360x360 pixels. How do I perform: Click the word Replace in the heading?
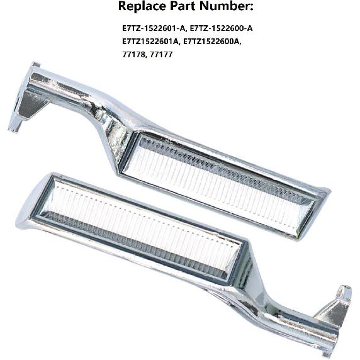click(140, 7)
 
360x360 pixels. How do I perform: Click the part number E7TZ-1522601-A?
click(154, 29)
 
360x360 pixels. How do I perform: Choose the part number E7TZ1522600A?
click(211, 42)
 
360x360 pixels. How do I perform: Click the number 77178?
click(133, 55)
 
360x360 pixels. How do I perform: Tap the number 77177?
click(162, 55)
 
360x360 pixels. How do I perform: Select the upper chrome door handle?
click(189, 157)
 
